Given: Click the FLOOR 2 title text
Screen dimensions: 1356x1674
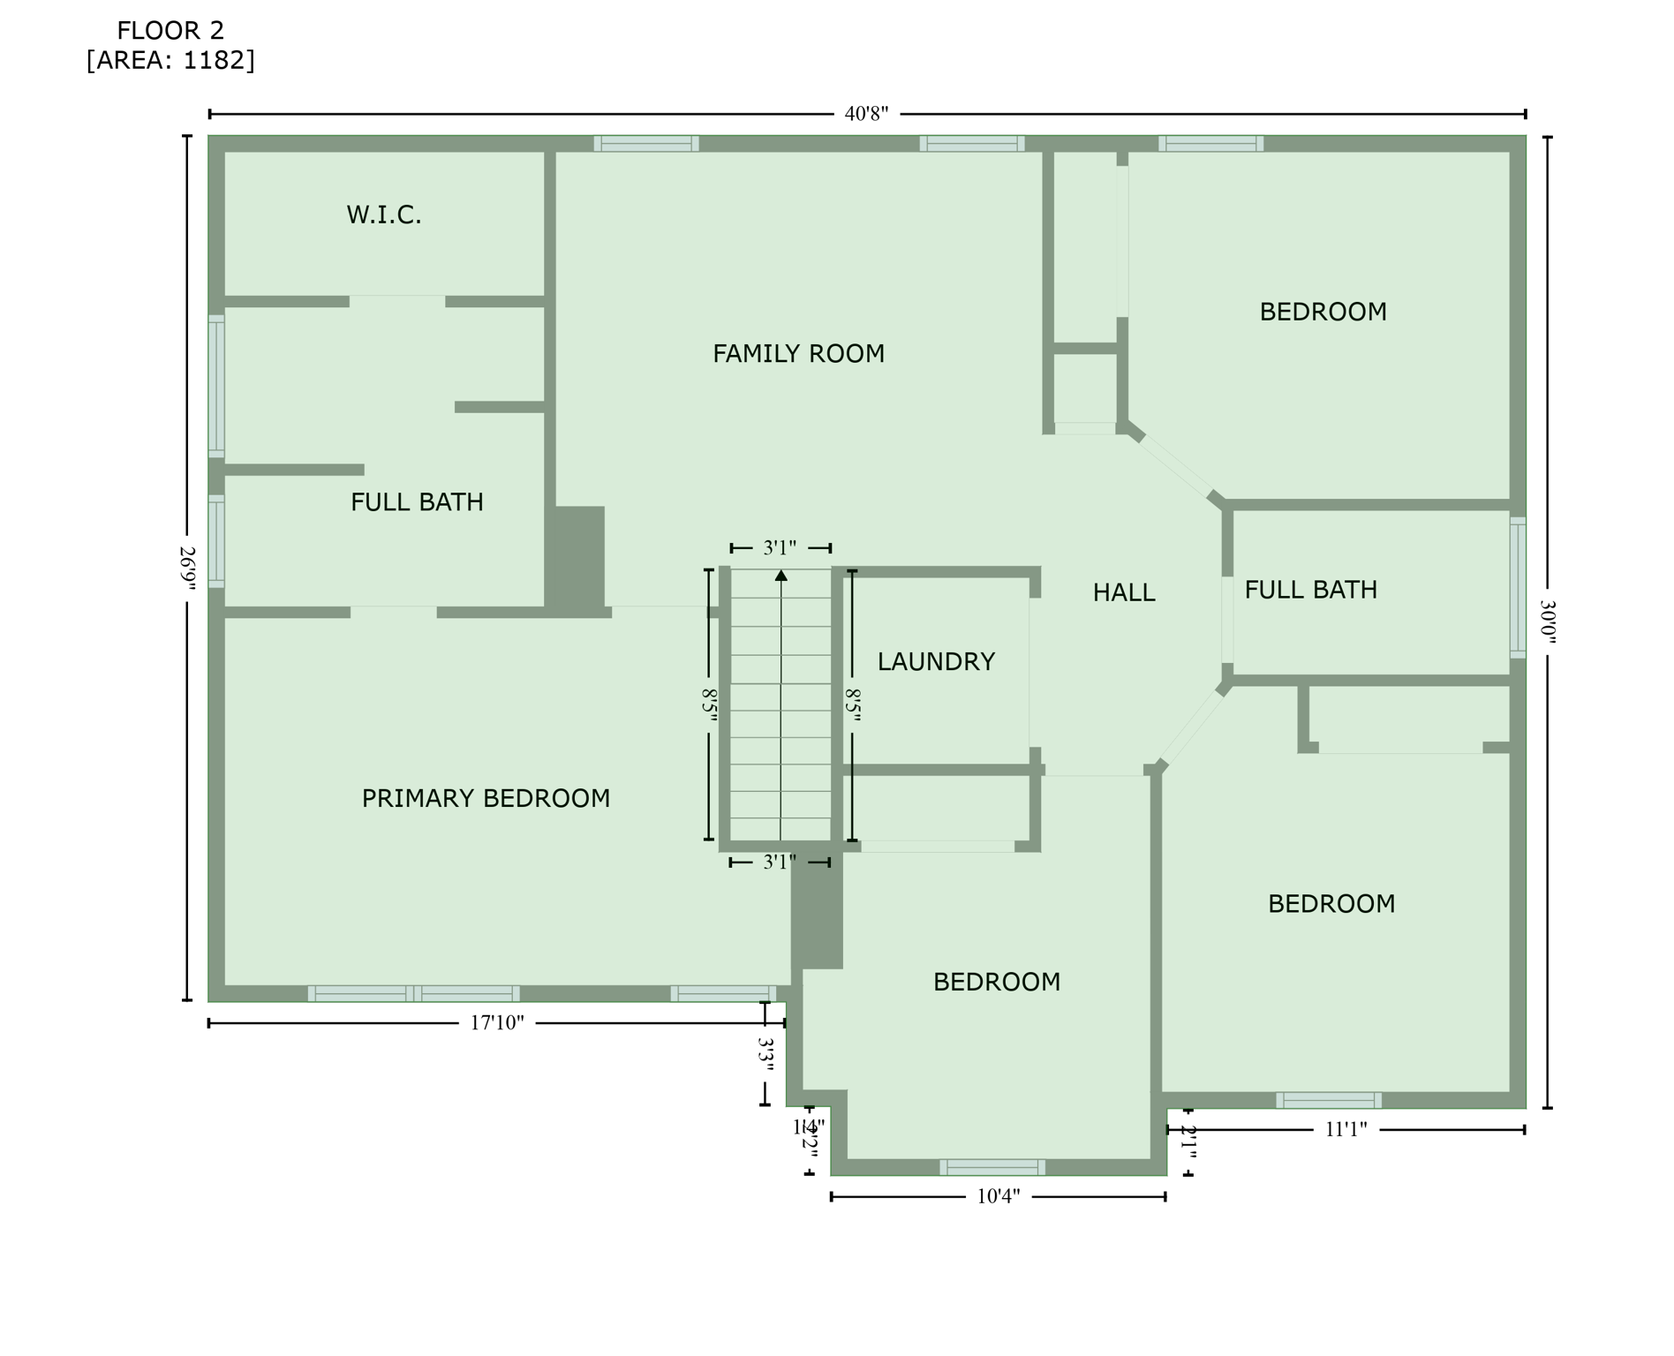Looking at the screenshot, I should point(170,31).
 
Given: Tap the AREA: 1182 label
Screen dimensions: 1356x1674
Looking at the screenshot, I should point(170,61).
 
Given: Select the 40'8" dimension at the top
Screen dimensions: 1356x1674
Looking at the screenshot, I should point(866,114).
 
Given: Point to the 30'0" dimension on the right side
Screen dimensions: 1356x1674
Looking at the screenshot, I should point(1547,622).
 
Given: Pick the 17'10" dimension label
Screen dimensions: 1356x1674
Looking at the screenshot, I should point(497,1023).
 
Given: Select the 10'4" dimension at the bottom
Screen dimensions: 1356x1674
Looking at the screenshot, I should point(999,1197).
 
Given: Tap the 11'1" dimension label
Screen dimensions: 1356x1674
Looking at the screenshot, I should point(1346,1129).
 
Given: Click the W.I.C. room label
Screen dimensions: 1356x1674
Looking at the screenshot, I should point(384,215).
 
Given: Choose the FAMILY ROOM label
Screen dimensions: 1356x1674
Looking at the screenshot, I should point(798,354).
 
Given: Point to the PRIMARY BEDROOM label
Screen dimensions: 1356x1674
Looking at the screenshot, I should point(486,799).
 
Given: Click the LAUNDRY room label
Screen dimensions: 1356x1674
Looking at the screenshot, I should point(936,662).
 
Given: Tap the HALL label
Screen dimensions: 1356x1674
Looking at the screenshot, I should point(1124,593).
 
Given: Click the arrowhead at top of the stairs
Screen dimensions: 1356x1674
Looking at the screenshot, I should point(780,576).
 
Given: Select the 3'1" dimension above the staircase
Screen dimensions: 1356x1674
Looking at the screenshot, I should point(780,548).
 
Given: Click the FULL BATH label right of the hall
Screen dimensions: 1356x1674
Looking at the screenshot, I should point(1310,590).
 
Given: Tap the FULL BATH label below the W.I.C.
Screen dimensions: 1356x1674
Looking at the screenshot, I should point(417,502).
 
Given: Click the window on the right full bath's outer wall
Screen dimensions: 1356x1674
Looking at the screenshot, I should point(1518,588).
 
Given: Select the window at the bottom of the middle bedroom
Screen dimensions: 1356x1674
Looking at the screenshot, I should point(992,1167).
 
